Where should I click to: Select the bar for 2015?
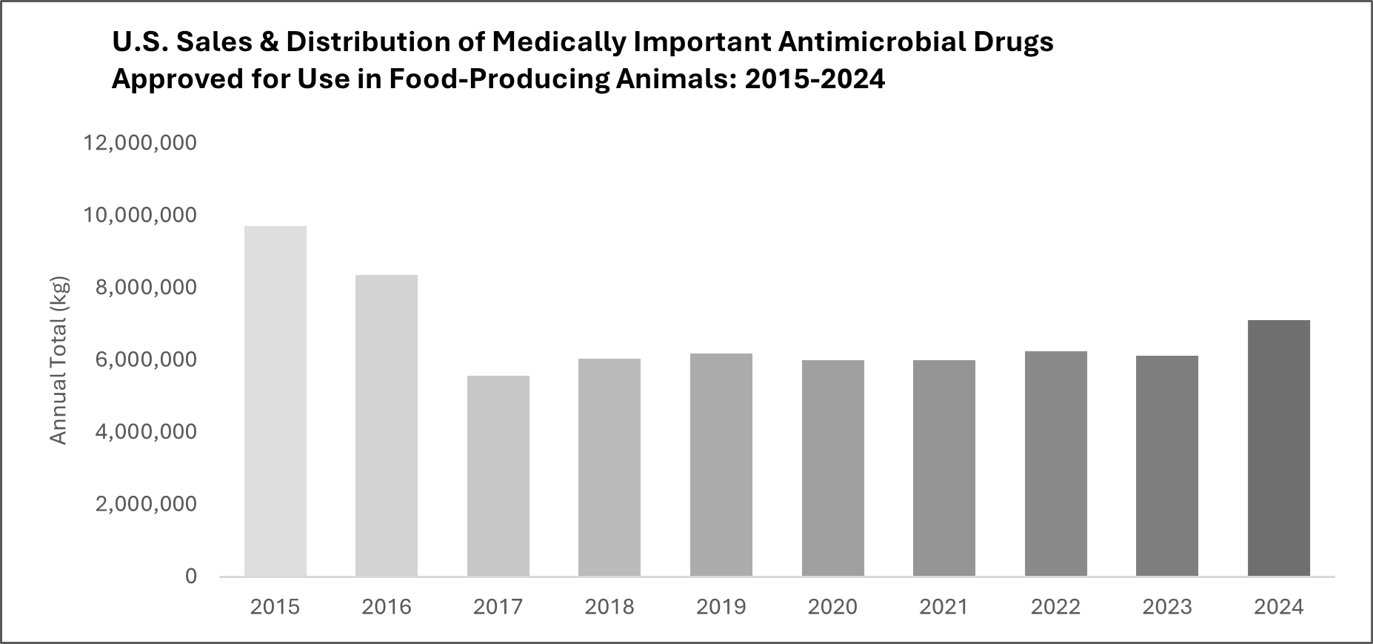coord(275,401)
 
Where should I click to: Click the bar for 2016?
coord(387,425)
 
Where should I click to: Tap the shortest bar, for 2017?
coord(498,476)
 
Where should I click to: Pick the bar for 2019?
coord(721,465)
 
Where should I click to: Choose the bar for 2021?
coord(944,468)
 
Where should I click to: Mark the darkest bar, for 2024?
coord(1278,448)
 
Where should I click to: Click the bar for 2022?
coord(1055,463)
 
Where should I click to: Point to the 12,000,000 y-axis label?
coord(141,142)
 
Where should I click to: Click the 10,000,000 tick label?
coord(141,215)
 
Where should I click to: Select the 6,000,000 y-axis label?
coord(147,359)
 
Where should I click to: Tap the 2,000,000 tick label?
coord(147,504)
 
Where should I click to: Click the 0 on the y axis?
coord(191,577)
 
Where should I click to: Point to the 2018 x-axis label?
coord(609,607)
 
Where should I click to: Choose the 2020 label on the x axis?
coord(832,607)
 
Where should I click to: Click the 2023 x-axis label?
coord(1167,607)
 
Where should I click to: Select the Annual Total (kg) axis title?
coord(59,360)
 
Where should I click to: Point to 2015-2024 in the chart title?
coord(815,79)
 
